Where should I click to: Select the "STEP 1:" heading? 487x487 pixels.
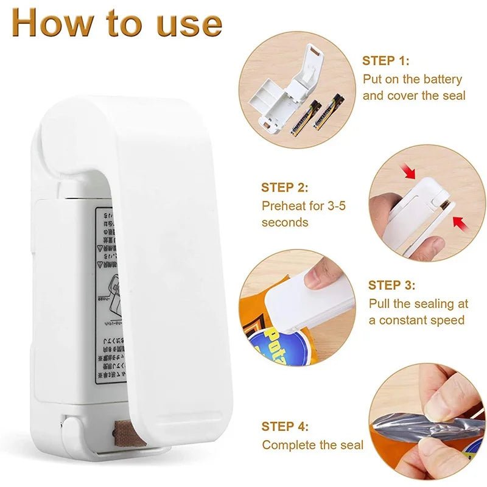(x=386, y=61)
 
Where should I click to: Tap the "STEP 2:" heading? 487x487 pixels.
(x=285, y=187)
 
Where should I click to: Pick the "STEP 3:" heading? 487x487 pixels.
(x=392, y=285)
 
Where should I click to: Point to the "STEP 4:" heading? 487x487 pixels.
(x=286, y=426)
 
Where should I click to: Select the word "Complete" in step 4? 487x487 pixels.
(x=289, y=446)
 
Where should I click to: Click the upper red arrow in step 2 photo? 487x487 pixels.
(x=410, y=172)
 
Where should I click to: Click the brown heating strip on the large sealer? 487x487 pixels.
(x=127, y=433)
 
